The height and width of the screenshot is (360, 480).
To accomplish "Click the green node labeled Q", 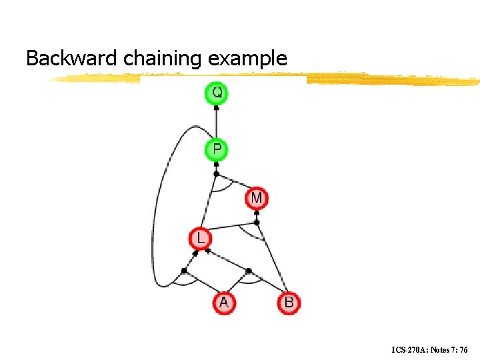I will coord(216,93).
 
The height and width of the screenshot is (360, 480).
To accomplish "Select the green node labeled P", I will coord(216,149).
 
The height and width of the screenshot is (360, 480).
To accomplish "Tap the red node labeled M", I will coord(257,198).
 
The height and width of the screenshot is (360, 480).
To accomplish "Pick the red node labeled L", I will coord(200,238).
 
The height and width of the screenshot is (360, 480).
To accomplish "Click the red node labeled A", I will coord(223,303).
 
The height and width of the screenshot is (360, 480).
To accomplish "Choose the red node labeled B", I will coord(289,303).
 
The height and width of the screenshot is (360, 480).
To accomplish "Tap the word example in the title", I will coord(247,59).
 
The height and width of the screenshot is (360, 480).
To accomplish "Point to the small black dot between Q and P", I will coord(216,107).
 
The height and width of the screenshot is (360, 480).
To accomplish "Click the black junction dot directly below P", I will coord(216,174).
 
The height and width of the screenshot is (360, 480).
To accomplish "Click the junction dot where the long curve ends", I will coord(185,270).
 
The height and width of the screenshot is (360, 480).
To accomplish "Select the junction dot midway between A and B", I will coord(249,271).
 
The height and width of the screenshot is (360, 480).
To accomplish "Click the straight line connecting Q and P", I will coord(216,123).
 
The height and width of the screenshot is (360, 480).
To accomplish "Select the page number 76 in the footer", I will coord(463,349).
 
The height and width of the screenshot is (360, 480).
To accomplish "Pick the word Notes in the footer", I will coord(440,349).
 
